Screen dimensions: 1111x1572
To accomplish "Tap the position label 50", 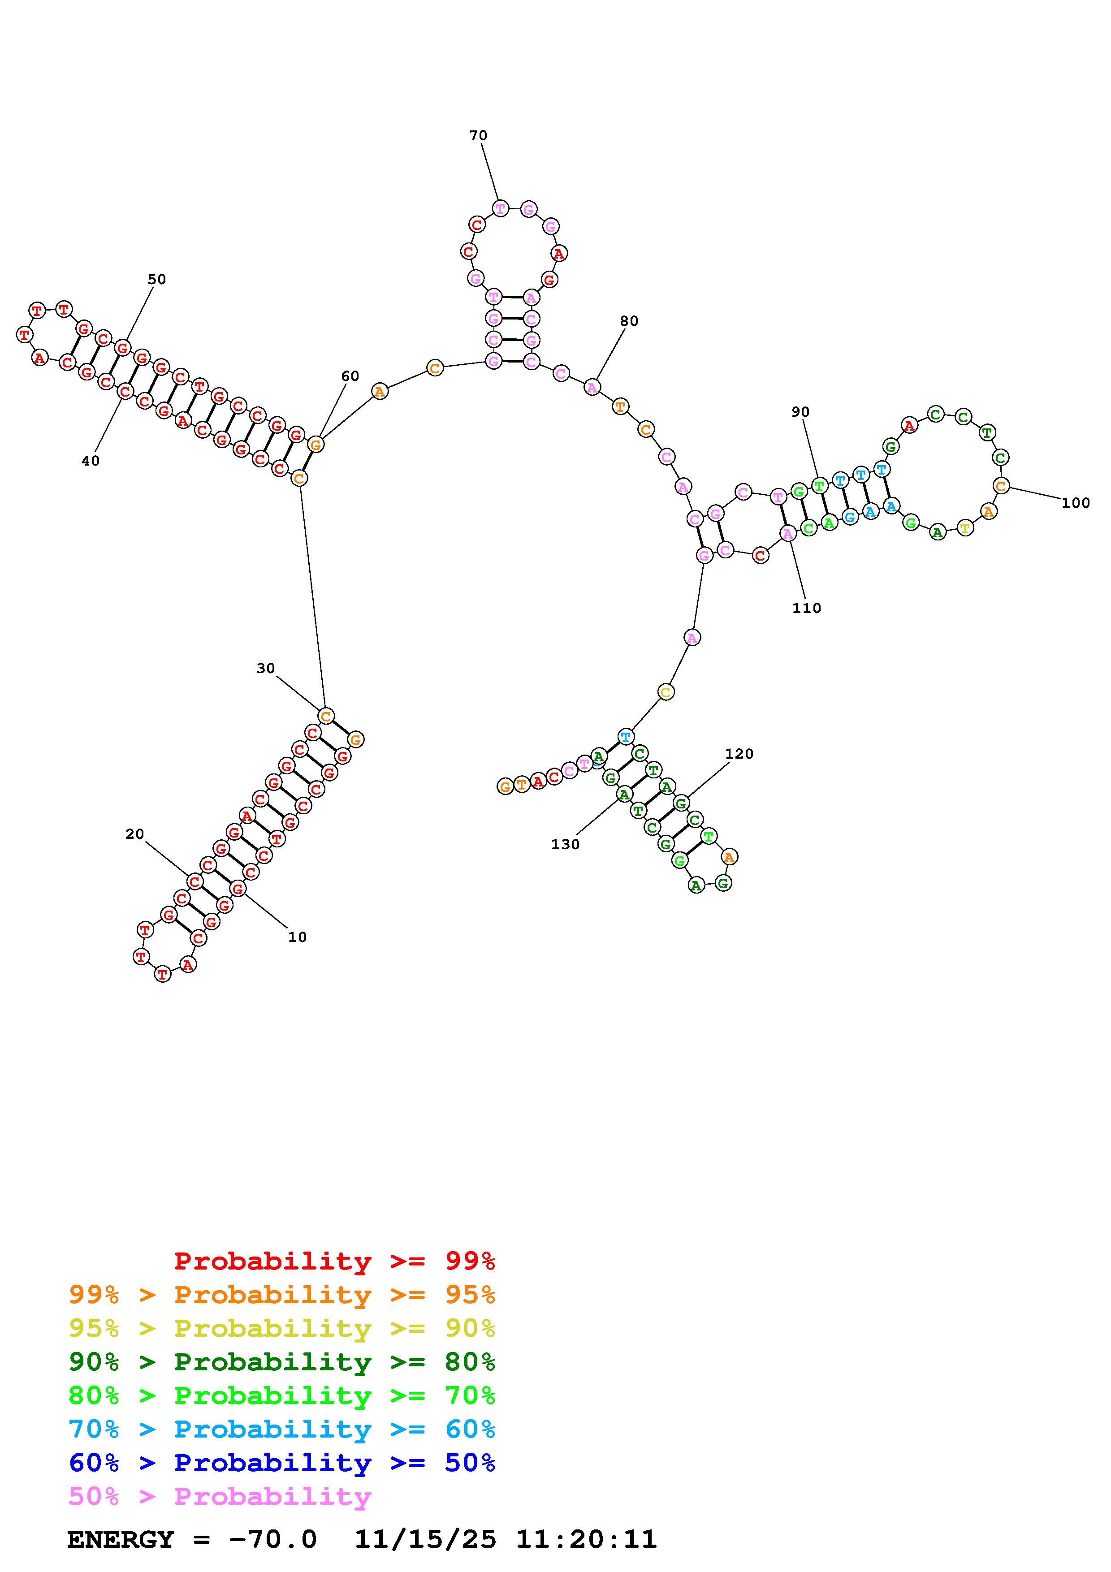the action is point(157,279).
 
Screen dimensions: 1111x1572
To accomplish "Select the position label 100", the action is point(1076,503).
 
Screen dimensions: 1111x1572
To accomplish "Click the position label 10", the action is point(297,937).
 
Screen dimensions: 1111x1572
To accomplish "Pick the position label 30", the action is point(266,668).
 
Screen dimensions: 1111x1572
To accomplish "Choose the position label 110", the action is point(806,608).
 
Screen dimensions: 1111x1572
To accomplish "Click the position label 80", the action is point(629,321).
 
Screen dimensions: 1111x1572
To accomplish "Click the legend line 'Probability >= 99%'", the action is point(335,1261).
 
